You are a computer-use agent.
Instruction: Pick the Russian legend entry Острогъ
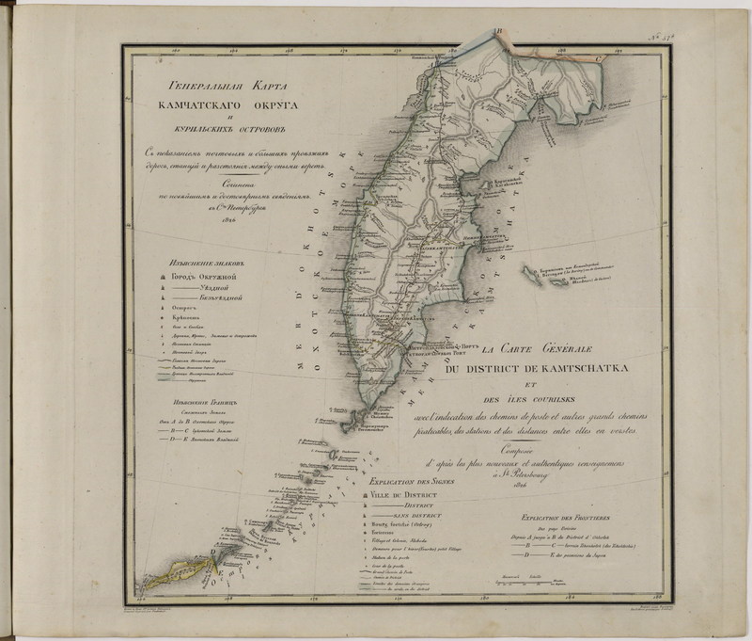point(182,308)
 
